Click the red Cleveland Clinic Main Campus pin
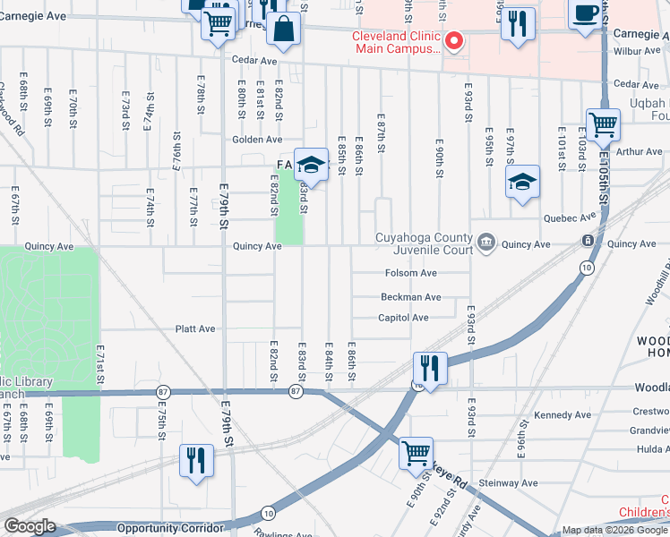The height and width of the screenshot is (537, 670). tap(454, 41)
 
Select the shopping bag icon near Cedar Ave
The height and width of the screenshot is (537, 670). tap(284, 30)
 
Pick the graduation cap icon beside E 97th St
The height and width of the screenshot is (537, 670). tap(522, 183)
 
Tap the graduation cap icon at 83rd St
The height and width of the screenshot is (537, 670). tap(311, 165)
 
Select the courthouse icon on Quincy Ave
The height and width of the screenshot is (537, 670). tap(486, 243)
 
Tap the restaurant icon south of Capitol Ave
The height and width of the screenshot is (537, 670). tap(430, 367)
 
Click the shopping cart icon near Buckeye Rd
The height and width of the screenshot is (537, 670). tap(416, 454)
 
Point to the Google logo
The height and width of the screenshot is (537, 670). tap(29, 526)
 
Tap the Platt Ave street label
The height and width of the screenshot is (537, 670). tap(194, 328)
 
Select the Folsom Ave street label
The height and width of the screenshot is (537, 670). tap(410, 273)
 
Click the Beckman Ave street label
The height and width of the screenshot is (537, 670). tap(410, 296)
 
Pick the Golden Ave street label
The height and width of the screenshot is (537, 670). tap(257, 140)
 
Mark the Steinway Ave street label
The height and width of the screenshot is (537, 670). tap(509, 483)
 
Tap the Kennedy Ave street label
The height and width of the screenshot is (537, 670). tap(562, 415)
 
